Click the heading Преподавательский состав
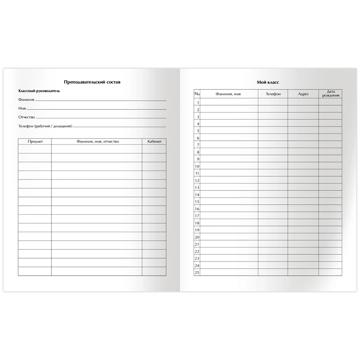92,82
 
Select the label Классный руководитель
39,91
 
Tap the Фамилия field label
26,100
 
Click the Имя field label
22,108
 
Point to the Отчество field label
27,117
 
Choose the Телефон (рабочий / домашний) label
45,126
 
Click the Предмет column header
35,141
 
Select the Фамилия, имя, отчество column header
97,141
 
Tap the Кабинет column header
154,141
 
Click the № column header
197,94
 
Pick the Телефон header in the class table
273,94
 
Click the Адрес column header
303,94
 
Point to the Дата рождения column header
330,94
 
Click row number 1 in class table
197,102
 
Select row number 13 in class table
197,187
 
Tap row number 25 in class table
197,272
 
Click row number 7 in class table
197,144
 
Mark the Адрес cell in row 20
303,237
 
